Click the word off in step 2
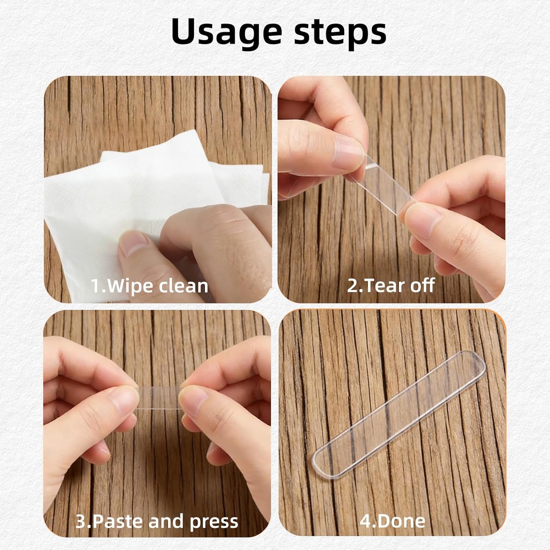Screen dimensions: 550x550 point(422,285)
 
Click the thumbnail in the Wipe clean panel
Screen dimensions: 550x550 point(134,244)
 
